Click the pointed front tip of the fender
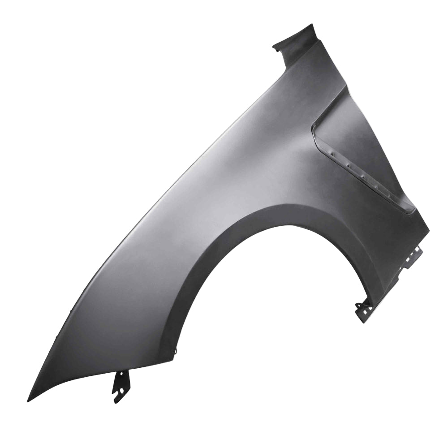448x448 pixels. pyautogui.click(x=28, y=400)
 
